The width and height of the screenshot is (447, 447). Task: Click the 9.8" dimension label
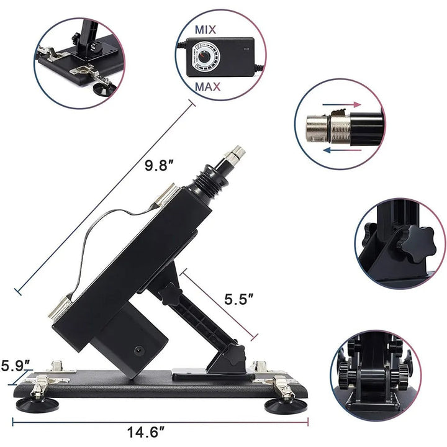pos(159,166)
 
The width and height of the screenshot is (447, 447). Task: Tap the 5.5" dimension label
pos(239,299)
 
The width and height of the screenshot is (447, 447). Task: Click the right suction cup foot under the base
pos(281,407)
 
